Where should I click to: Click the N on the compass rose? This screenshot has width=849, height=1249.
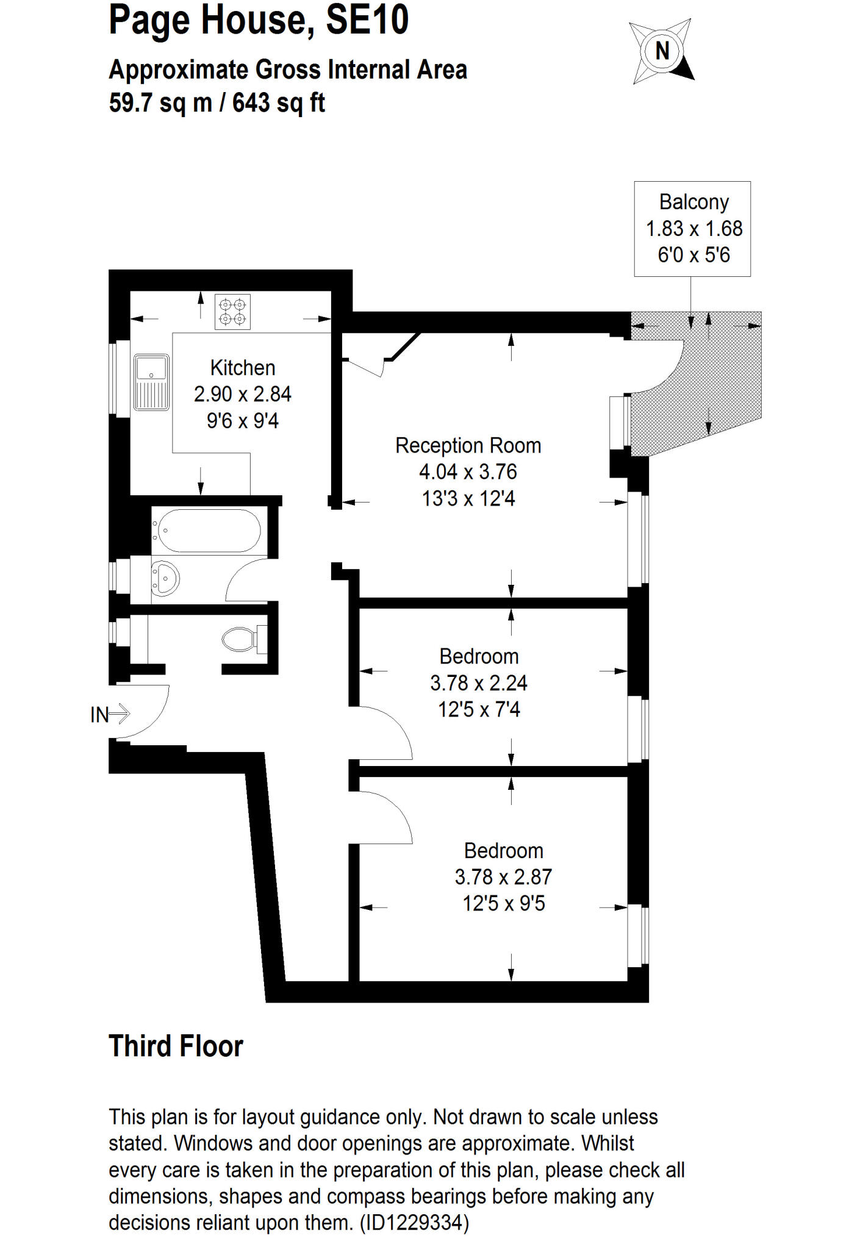662,51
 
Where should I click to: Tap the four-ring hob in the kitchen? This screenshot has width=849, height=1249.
232,312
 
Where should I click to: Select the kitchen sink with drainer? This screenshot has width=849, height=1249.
151,382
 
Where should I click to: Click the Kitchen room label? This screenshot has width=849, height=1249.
243,368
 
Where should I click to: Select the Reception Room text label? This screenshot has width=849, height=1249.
468,445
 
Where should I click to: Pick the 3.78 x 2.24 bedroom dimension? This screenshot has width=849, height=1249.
479,683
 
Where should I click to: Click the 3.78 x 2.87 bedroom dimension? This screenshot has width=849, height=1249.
503,877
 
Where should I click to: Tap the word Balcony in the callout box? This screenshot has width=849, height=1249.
694,202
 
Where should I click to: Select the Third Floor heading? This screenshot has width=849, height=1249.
176,1047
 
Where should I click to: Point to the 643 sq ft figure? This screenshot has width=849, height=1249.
279,102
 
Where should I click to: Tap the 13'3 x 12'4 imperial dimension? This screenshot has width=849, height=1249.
468,498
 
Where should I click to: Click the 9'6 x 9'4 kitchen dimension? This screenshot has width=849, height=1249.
243,421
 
